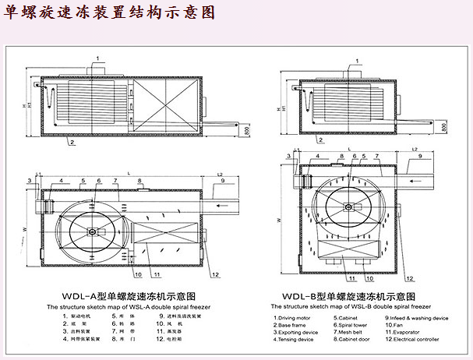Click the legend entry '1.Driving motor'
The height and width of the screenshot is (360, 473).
coord(296,318)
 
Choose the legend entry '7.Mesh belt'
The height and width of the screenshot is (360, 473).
coord(351,332)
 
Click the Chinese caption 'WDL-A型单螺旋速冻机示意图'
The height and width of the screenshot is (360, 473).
coord(130,297)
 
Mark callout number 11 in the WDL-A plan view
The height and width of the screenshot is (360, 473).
coord(157,275)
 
